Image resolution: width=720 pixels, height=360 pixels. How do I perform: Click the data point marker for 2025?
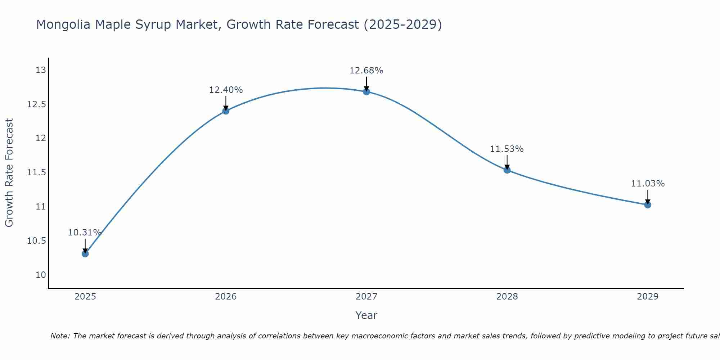[x=85, y=254]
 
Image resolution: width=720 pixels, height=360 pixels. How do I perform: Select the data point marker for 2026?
[x=226, y=111]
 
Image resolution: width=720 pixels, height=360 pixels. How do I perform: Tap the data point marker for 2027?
[x=366, y=92]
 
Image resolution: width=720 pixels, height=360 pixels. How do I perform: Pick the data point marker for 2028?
[x=507, y=170]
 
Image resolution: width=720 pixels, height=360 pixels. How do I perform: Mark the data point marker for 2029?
[x=648, y=205]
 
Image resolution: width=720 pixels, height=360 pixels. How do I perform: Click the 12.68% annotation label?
[x=366, y=71]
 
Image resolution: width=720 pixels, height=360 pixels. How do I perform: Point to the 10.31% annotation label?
[x=85, y=233]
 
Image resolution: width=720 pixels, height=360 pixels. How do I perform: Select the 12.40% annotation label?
[x=226, y=90]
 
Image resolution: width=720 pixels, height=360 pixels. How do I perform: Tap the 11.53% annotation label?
[x=507, y=149]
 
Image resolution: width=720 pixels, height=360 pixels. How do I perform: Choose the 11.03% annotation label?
[x=648, y=184]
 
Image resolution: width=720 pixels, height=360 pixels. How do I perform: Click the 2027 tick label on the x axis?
[x=366, y=297]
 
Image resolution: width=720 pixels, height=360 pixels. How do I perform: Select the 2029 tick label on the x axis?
[x=648, y=297]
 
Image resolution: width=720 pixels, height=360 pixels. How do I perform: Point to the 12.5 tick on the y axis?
[x=37, y=104]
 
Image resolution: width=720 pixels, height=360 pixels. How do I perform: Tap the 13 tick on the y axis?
[x=41, y=70]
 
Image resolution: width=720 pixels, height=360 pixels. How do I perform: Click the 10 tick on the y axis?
[x=41, y=275]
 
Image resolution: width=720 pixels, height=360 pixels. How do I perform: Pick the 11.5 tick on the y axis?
[x=37, y=173]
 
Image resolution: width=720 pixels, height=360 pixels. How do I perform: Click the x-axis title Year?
[x=366, y=315]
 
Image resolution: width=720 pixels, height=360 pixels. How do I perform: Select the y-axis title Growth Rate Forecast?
[x=9, y=173]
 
